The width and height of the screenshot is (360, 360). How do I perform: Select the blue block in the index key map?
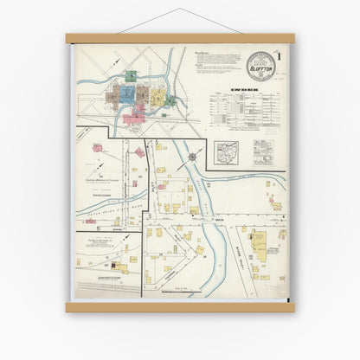tap(127, 93)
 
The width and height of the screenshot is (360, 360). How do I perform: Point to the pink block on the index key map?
tap(135, 107)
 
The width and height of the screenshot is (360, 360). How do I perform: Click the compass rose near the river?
tap(192, 157)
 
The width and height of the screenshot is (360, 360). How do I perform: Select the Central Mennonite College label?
tap(108, 180)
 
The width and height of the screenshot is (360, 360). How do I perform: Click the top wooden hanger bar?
tap(180, 38)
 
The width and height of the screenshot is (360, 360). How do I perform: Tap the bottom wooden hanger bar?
tap(180, 306)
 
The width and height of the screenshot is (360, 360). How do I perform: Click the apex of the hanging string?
tap(181, 10)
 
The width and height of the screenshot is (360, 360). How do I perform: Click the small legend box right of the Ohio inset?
tap(262, 153)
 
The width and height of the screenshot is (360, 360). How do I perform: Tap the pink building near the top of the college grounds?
tap(139, 152)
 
